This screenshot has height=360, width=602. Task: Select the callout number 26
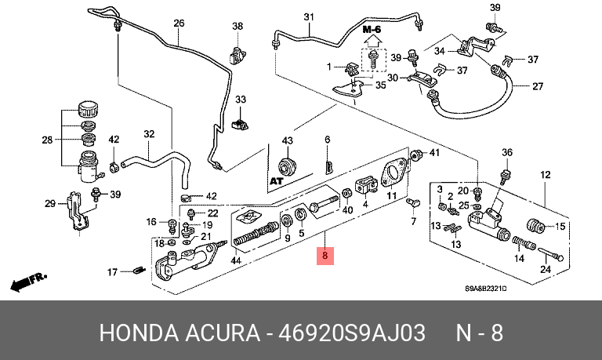[x=178, y=23]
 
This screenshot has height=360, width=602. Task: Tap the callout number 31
[x=308, y=17]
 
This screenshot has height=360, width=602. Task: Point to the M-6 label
[x=372, y=29]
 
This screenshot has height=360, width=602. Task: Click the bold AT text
[x=275, y=180]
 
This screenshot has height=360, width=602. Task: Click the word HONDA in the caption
[x=134, y=333]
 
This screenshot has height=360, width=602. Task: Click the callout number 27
[x=538, y=86]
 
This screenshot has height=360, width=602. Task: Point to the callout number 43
[x=287, y=140]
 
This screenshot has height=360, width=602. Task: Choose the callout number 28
[x=47, y=140]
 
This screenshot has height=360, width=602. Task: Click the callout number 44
[x=235, y=260]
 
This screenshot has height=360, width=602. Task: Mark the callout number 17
[x=112, y=272]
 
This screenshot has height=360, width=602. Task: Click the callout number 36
[x=506, y=152]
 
